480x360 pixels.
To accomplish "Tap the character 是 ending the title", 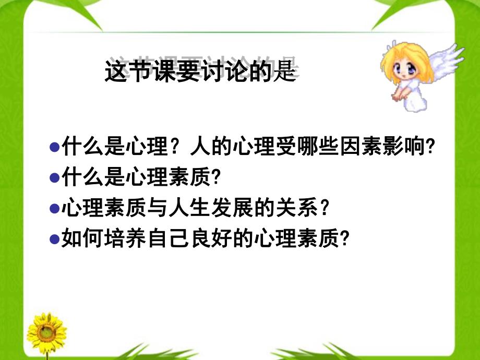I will pos(285,71).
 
